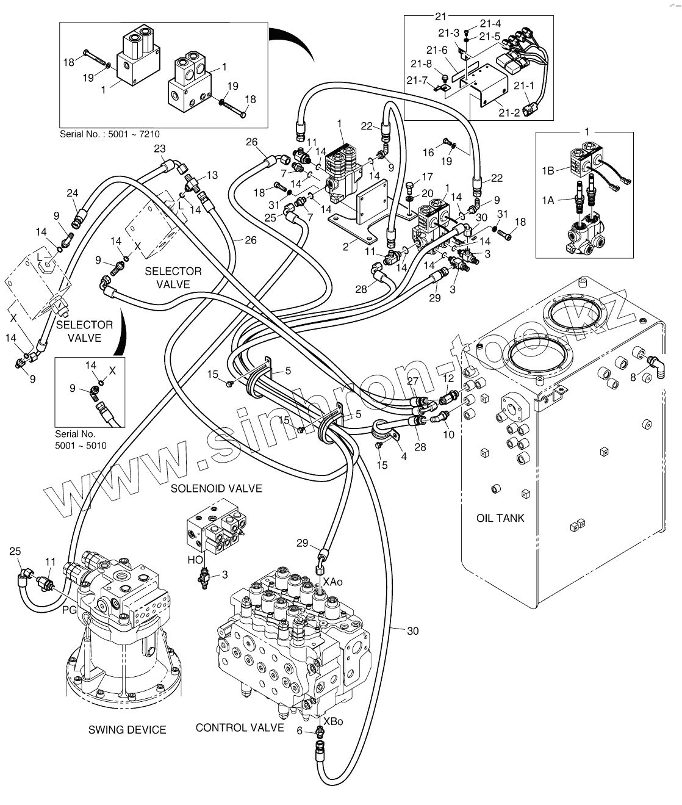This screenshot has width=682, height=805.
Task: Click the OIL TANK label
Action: pos(500,518)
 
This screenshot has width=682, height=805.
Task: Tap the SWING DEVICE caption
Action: pos(127,729)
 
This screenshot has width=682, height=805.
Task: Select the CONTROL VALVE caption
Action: pos(239,727)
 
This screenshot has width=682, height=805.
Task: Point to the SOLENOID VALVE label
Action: pos(217,488)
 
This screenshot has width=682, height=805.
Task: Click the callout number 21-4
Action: pos(490,23)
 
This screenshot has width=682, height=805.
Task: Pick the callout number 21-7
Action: pos(417,80)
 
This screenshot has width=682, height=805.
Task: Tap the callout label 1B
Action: pos(548,170)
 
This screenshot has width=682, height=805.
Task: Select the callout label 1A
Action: pos(548,200)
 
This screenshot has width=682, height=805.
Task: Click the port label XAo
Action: pos(333,582)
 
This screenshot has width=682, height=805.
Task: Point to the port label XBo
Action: pos(333,721)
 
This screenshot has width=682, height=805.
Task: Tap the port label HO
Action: pos(195,560)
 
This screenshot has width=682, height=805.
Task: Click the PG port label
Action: pos(70,610)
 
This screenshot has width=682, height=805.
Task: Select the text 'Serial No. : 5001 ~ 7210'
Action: pos(110,134)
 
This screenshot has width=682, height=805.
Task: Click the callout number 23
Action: pos(160,148)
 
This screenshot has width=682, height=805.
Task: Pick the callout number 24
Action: pos(73,193)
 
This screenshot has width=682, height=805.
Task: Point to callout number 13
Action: pos(212,175)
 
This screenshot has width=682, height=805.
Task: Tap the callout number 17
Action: pos(427,177)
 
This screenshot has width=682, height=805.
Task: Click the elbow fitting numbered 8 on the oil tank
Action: pos(656,367)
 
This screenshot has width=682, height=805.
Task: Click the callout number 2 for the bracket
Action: pos(346,247)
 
